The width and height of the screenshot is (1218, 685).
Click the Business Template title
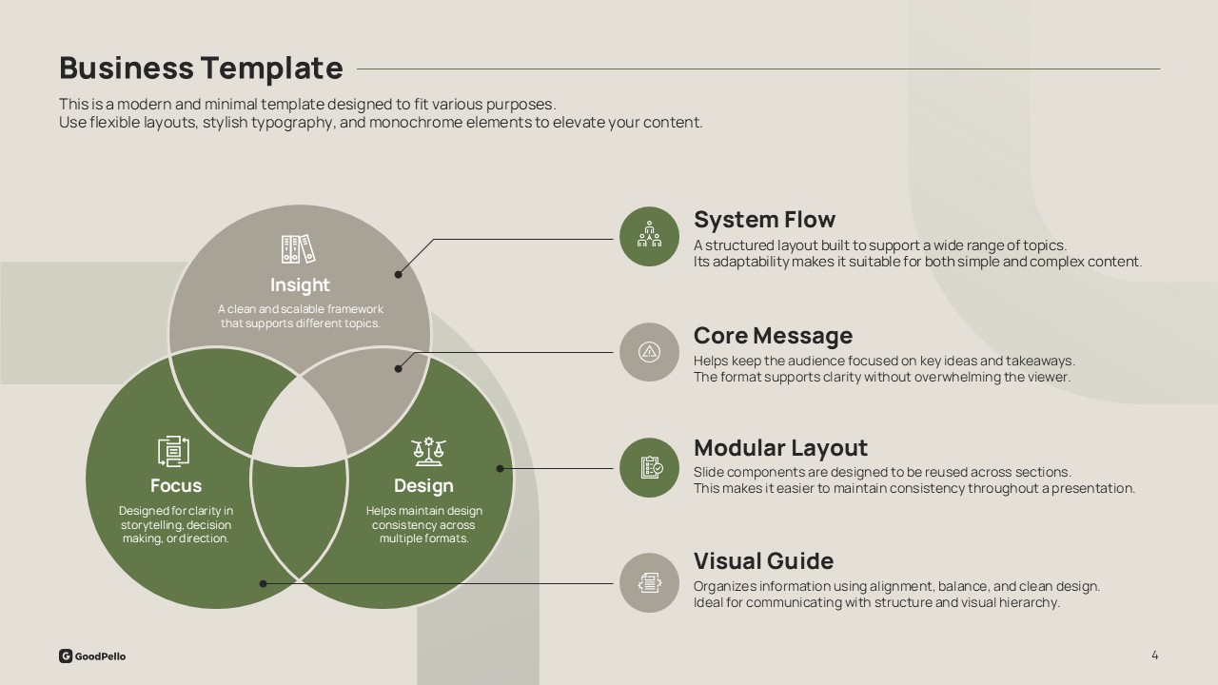pos(201,68)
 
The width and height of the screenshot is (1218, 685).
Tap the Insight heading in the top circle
pos(300,284)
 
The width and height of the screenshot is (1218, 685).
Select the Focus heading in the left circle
pos(176,485)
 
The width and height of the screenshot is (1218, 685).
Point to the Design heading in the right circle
pos(423,485)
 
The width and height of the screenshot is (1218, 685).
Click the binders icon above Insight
pos(298,249)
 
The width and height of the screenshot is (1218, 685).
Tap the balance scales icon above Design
pos(428,451)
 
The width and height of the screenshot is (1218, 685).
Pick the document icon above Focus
pos(173,451)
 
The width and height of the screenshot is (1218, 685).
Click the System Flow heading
pos(764,220)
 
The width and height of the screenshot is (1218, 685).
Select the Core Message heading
pos(773,336)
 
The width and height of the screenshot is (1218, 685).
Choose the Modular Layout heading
pos(780,448)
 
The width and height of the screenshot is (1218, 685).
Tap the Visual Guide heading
pos(763,561)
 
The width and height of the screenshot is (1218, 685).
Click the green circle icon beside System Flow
pos(649,237)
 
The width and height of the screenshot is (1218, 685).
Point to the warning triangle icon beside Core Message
pos(649,352)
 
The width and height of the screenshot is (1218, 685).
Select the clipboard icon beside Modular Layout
pos(649,467)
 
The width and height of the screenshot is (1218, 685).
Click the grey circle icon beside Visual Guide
pos(649,582)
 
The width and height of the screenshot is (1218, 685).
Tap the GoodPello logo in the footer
pos(92,656)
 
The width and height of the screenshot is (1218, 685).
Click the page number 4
pos(1155,655)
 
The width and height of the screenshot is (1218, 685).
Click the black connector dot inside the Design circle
pos(501,468)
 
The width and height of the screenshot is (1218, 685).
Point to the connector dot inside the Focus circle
pos(264,583)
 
